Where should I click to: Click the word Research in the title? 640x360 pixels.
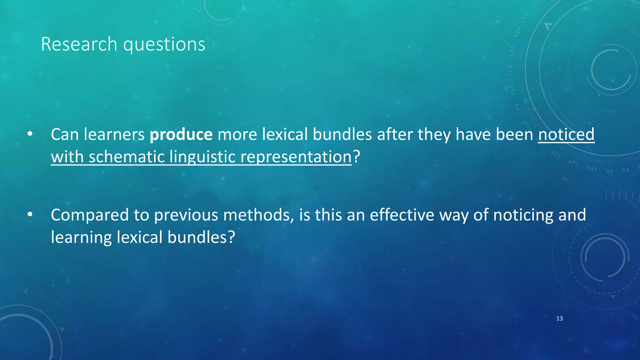[x=79, y=44]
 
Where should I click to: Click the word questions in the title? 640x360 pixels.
[x=164, y=45]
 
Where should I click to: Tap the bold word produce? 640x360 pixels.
[x=181, y=134]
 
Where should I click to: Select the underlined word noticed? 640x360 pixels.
[x=566, y=134]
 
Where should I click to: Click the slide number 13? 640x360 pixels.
[x=559, y=318]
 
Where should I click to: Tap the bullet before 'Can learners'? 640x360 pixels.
[x=30, y=134]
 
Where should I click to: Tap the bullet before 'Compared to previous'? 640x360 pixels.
[x=30, y=215]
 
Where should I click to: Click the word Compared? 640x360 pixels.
[x=90, y=215]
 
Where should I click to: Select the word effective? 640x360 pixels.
[x=402, y=215]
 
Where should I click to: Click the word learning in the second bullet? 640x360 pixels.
[x=81, y=237]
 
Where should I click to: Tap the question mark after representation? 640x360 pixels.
[x=357, y=157]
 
